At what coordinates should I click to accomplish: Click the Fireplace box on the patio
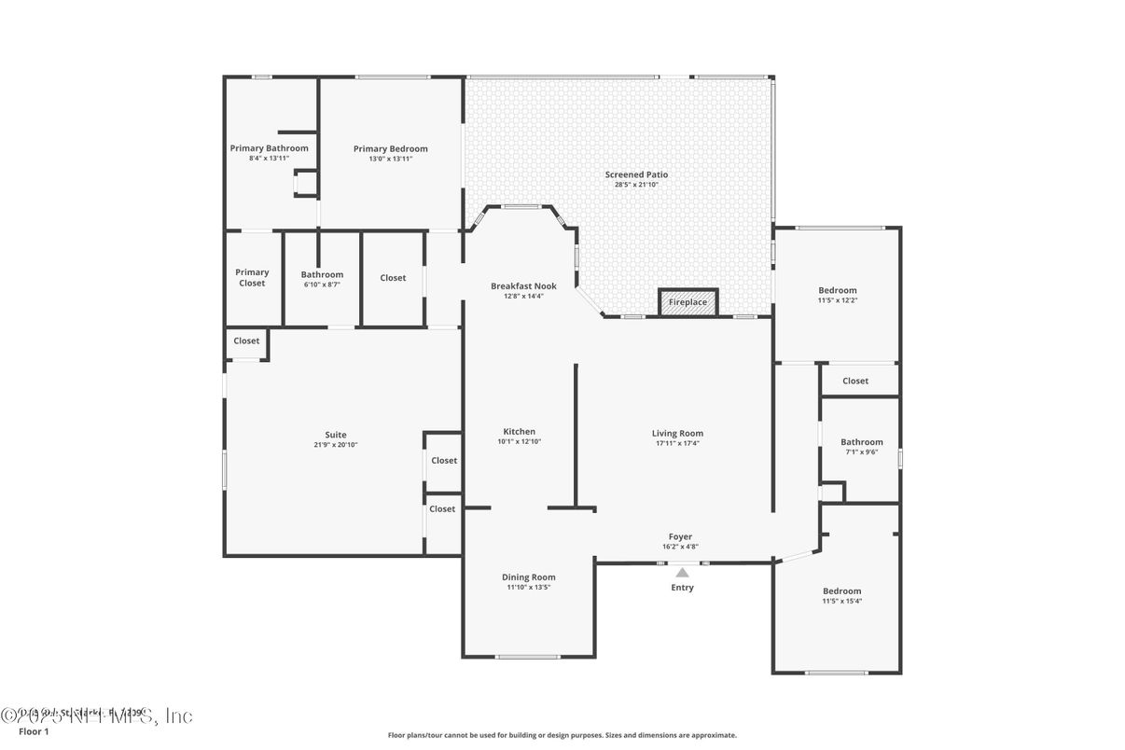(x=688, y=302)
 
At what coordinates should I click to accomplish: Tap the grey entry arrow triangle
(x=682, y=573)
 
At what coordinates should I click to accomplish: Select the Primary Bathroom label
(x=269, y=148)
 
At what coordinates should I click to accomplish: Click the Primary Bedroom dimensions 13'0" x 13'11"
(x=390, y=159)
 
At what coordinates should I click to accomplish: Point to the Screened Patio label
(x=636, y=174)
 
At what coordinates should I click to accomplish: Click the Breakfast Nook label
(x=523, y=285)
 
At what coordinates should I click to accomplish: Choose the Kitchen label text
(x=519, y=431)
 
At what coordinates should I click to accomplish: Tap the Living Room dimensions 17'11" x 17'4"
(x=677, y=443)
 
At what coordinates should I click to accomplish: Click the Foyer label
(x=680, y=536)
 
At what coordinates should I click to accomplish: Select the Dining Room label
(x=528, y=577)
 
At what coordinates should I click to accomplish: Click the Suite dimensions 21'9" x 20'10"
(x=336, y=445)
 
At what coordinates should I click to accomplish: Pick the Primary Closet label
(x=252, y=277)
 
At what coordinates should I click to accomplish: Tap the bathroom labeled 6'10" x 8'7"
(x=322, y=279)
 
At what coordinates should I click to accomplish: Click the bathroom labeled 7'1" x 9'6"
(x=861, y=447)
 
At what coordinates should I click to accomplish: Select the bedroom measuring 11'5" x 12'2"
(x=837, y=295)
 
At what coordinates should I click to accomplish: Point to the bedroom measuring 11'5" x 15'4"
(x=841, y=595)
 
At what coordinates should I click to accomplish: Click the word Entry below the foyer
(x=682, y=588)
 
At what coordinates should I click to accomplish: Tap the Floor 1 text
(x=34, y=731)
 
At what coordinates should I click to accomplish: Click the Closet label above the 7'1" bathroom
(x=855, y=381)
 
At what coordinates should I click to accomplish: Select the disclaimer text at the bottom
(x=562, y=735)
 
